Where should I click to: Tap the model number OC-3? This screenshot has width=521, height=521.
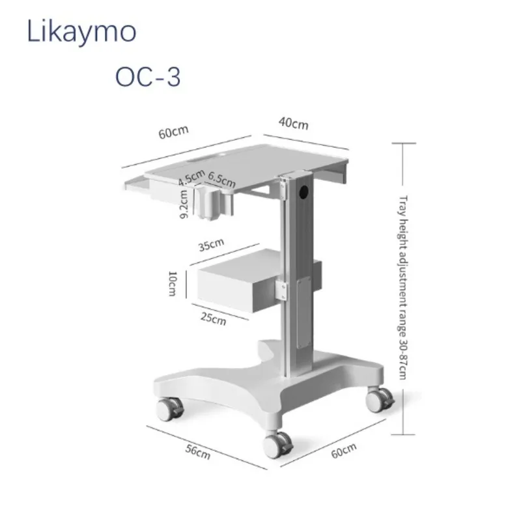click(148, 77)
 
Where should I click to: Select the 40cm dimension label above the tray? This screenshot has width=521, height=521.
click(294, 123)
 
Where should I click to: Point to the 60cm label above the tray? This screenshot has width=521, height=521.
click(173, 132)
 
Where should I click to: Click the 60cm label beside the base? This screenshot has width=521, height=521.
click(344, 451)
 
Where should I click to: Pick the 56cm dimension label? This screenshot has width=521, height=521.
click(198, 452)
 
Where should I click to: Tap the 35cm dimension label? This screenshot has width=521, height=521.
click(211, 245)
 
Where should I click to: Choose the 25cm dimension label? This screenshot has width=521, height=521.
click(214, 319)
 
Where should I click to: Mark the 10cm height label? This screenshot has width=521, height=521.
click(173, 283)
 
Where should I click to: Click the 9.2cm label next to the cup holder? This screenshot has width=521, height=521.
click(184, 204)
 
